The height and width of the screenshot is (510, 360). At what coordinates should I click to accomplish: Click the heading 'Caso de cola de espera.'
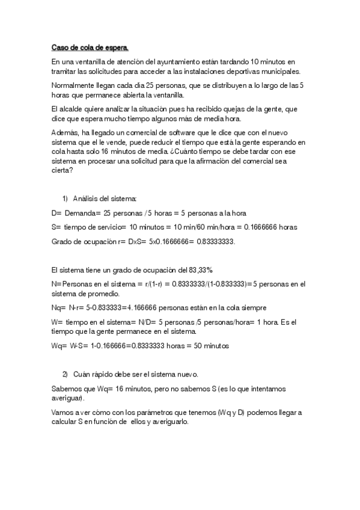(90, 47)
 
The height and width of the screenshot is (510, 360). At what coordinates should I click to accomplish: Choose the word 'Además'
(66, 132)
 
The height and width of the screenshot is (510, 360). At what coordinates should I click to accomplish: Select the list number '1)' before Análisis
(65, 198)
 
